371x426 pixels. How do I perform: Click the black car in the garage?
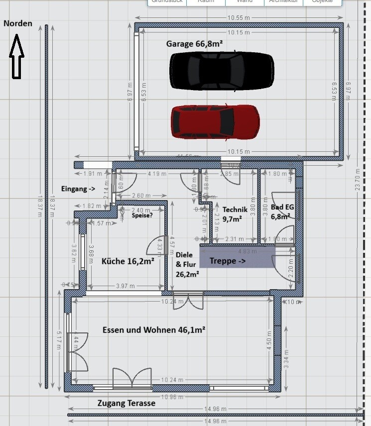[222, 71]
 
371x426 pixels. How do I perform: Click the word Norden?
[18, 23]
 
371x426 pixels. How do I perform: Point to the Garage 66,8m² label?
[194, 44]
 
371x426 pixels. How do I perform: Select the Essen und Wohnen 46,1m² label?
[154, 329]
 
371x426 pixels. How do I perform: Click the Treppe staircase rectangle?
[237, 257]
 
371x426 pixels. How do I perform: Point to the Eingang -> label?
[78, 189]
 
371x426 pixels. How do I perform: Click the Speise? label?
[142, 216]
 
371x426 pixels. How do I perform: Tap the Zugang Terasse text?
[126, 403]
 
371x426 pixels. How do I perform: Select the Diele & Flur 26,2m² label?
[187, 264]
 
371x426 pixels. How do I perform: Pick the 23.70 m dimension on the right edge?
[356, 189]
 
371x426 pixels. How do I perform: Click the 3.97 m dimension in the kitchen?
[125, 286]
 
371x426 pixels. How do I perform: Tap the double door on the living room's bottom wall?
[132, 379]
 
